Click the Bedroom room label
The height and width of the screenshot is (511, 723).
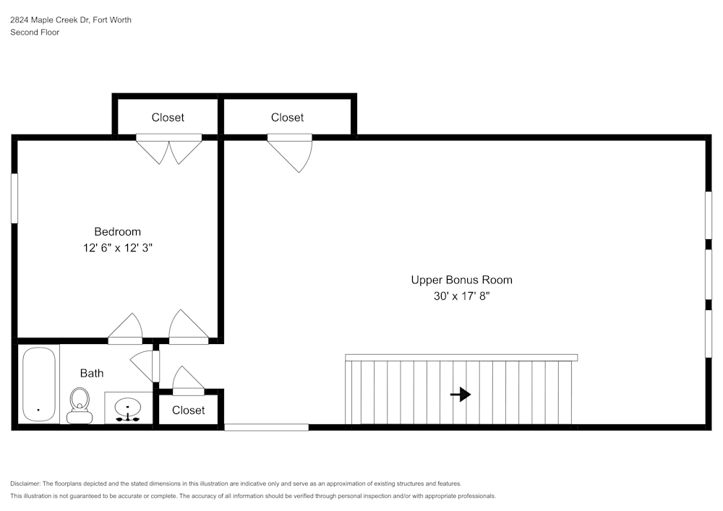tap(117, 232)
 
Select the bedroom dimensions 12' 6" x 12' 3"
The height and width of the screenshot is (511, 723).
tap(117, 248)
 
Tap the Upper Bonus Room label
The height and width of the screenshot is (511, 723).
tap(461, 280)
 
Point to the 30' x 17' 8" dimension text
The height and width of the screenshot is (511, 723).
tap(461, 296)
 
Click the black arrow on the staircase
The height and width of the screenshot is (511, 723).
tap(461, 394)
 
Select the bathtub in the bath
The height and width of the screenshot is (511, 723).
tap(38, 385)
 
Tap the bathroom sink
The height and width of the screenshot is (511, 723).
tap(128, 408)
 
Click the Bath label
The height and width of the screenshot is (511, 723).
tap(92, 373)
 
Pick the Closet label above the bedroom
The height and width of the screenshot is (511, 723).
tap(168, 117)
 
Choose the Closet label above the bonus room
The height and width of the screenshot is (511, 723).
tap(287, 117)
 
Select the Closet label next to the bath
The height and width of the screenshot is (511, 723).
tap(189, 410)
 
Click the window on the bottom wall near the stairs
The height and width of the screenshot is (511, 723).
tap(266, 427)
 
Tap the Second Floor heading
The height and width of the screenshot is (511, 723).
tap(35, 33)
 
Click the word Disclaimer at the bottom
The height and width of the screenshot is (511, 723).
tap(25, 484)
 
